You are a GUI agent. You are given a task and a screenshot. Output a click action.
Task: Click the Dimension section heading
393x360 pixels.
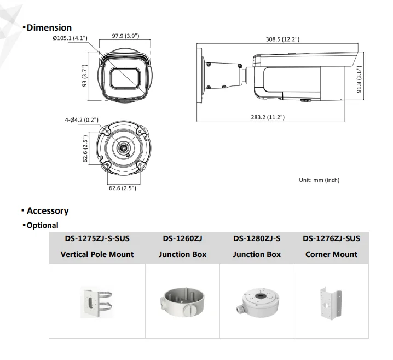(x=49, y=27)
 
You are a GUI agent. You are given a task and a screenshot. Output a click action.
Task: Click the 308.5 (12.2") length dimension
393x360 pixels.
(x=282, y=39)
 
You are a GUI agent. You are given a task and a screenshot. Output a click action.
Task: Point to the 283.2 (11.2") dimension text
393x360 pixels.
(x=268, y=117)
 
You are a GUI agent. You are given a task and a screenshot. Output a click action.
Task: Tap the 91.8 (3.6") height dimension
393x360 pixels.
(x=359, y=79)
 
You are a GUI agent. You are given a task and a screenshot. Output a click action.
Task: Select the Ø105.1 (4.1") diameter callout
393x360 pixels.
(x=70, y=38)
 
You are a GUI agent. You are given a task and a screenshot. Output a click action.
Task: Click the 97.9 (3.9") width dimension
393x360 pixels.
(x=125, y=36)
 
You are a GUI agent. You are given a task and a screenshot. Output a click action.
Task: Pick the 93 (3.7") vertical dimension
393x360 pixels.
(x=85, y=76)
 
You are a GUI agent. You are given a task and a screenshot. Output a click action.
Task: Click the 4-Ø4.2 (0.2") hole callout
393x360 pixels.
(x=82, y=120)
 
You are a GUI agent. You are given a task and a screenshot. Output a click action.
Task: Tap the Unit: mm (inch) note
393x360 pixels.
(x=319, y=180)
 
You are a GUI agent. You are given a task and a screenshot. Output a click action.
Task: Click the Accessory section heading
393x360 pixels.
(x=48, y=210)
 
